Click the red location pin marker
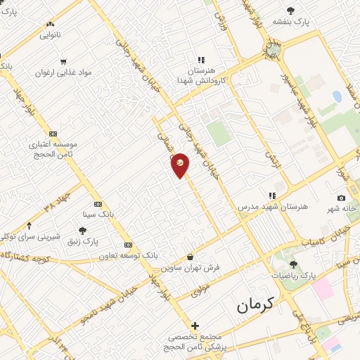180,165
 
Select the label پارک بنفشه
313,22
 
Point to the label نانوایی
50,34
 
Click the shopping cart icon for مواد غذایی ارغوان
64,61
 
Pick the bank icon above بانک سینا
98,204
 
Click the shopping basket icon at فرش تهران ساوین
191,257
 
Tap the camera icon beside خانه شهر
341,198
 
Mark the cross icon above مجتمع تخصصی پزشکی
195,326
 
